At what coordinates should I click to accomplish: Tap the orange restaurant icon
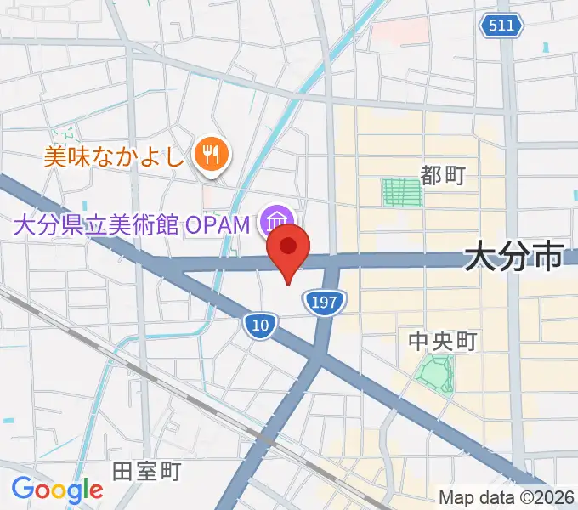[x=208, y=154]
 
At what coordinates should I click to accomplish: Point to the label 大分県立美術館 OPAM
[x=132, y=225]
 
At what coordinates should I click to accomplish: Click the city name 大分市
[x=514, y=255]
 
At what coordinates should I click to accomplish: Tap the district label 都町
[x=444, y=176]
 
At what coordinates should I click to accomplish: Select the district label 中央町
[x=442, y=342]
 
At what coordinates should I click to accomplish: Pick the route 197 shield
[x=327, y=302]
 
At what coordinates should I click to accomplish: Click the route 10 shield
[x=258, y=324]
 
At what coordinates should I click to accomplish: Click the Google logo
[x=57, y=490]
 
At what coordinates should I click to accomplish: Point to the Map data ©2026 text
[x=506, y=498]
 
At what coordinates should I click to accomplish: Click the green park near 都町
[x=402, y=192]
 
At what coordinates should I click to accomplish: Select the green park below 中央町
[x=435, y=373]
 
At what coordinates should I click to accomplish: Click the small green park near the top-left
[x=65, y=134]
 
